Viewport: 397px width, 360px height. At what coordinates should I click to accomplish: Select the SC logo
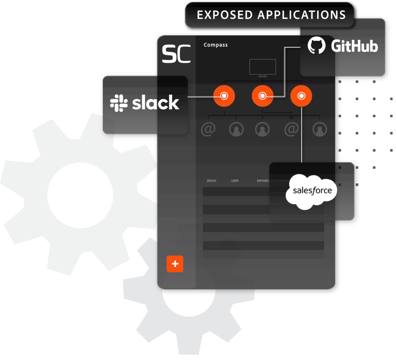pos(176,54)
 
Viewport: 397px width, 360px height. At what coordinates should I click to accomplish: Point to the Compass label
pos(216,45)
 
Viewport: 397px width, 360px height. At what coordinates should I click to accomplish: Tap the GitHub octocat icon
pos(317,46)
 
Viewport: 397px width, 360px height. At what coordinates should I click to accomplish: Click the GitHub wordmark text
pos(354,46)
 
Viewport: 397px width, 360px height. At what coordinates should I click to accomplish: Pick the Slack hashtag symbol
pos(119,103)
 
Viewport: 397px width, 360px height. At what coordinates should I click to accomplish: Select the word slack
pos(155,103)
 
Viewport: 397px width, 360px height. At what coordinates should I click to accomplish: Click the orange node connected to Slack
pos(224,96)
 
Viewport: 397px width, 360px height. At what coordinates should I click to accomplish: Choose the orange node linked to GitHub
pos(262,96)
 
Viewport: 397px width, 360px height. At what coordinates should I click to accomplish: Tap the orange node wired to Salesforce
pos(301,96)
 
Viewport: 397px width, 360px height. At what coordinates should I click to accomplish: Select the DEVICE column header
pos(211,181)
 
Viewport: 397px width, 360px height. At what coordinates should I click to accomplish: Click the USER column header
pos(235,181)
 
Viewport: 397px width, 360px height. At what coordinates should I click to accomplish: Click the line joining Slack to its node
pos(201,96)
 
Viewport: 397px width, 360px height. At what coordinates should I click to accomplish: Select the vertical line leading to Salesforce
pos(301,136)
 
